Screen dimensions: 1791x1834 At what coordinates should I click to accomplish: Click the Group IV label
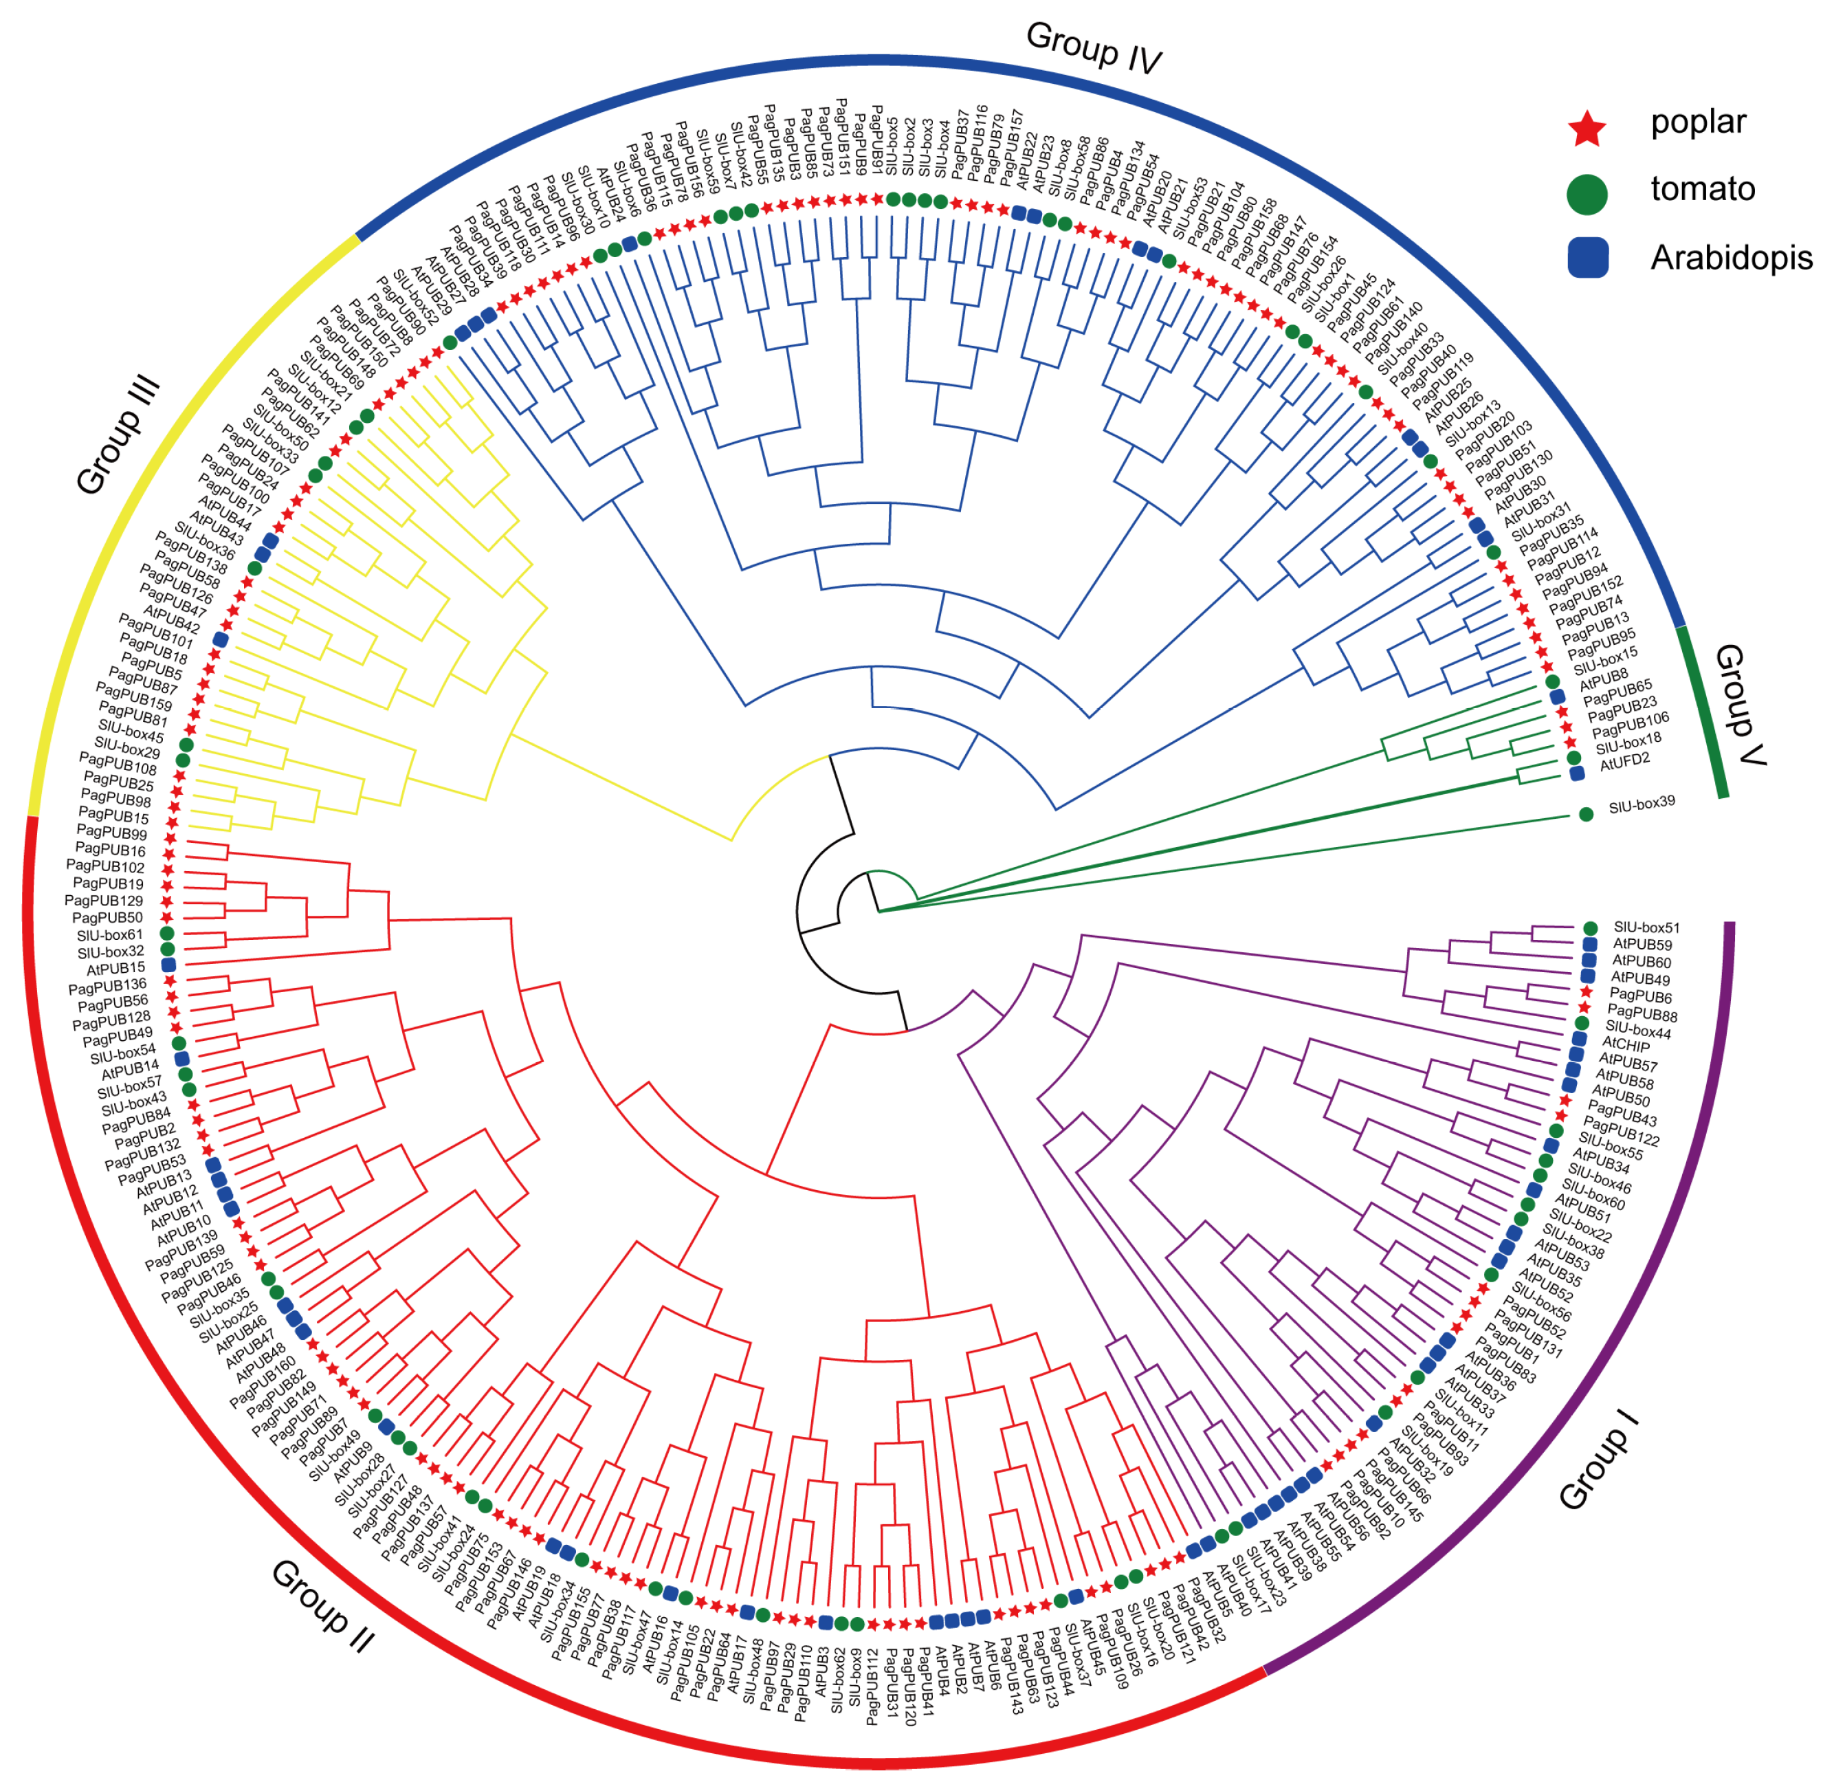point(1093,47)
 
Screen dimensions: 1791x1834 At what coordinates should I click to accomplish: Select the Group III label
point(118,437)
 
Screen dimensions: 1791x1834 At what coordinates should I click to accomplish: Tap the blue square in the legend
point(1588,257)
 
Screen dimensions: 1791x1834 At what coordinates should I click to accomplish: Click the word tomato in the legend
point(1702,189)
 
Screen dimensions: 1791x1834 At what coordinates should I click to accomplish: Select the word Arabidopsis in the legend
point(1730,258)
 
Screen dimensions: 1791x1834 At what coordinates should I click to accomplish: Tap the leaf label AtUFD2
point(1624,762)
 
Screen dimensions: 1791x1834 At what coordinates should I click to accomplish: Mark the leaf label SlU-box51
point(1646,927)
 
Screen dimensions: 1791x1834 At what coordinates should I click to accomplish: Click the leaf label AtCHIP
point(1625,1044)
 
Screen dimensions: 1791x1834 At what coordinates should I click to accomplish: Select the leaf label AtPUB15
point(115,969)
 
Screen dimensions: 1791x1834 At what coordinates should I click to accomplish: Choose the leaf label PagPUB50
point(107,918)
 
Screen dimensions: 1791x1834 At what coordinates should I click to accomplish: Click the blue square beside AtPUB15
point(168,965)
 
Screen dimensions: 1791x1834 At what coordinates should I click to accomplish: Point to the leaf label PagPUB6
point(1640,996)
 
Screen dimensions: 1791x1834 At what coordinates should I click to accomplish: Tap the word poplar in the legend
point(1698,122)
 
